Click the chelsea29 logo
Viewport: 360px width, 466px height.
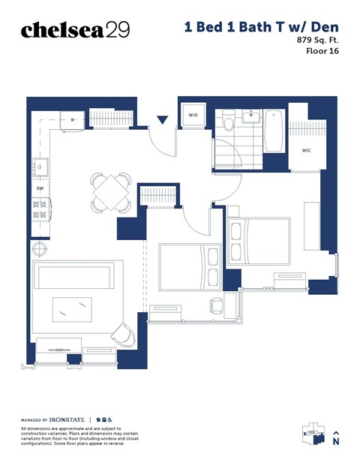(x=75, y=29)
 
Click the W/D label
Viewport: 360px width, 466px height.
(x=193, y=116)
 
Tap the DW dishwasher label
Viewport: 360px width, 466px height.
(x=40, y=188)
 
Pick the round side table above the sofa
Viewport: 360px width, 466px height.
(x=39, y=248)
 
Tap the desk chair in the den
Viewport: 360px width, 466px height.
(x=216, y=304)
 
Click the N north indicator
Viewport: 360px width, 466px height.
(x=336, y=441)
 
